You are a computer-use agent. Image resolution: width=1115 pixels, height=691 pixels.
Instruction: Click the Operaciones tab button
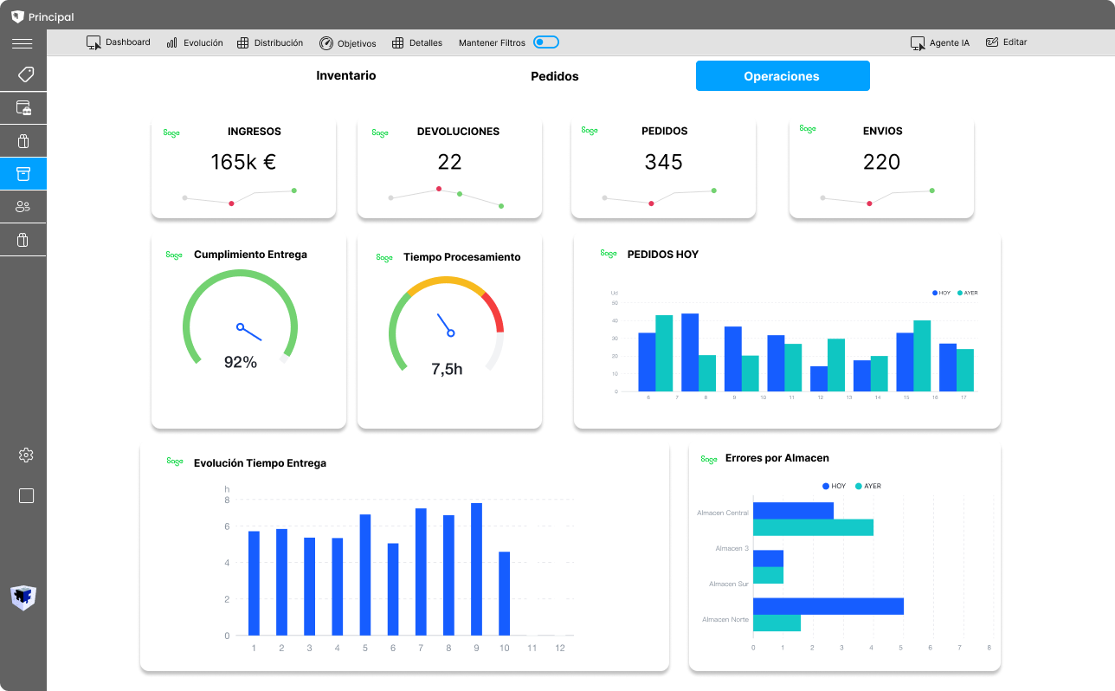782,76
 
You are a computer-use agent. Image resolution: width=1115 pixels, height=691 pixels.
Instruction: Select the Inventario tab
345,75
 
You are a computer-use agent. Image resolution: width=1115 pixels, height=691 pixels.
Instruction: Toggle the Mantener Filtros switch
545,42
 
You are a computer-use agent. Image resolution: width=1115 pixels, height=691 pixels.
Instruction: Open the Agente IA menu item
940,42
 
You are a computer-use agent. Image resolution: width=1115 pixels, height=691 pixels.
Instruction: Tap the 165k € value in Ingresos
243,162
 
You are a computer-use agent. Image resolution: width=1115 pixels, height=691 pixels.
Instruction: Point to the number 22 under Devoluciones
449,162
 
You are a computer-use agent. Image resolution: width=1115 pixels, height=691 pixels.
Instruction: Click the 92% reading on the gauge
240,362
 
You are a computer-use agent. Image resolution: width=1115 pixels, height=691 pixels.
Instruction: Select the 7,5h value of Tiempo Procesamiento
447,369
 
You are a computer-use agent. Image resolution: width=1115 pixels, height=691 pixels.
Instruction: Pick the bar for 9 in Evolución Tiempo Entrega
476,569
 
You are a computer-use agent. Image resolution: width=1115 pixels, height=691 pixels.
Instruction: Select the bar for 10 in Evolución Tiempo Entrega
504,593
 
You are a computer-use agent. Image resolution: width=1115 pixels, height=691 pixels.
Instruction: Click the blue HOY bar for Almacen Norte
828,606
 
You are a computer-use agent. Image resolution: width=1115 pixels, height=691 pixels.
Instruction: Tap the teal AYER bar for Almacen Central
812,527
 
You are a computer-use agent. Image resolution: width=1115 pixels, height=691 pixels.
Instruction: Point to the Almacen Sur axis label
728,584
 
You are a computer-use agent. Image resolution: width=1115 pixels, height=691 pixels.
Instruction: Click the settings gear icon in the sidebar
26,455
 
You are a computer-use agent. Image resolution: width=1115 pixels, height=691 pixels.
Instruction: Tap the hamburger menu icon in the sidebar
23,44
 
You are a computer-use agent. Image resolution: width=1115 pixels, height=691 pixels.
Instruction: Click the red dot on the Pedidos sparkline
651,203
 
